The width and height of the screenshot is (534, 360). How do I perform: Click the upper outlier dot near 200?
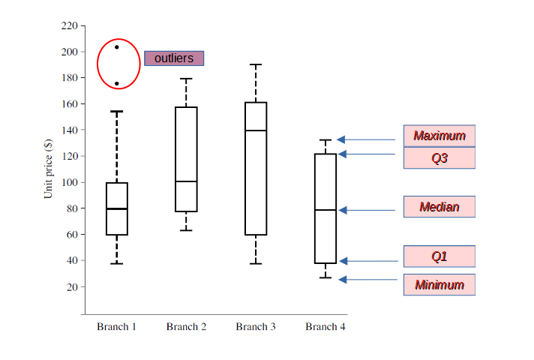point(117,47)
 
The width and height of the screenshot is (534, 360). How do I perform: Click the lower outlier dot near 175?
point(117,84)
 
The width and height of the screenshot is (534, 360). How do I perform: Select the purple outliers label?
point(174,58)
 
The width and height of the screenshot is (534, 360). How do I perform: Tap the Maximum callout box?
point(439,136)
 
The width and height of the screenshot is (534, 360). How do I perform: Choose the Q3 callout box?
point(439,157)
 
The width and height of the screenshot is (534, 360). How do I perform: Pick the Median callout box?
point(439,207)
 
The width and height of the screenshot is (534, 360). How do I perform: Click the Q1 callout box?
point(439,256)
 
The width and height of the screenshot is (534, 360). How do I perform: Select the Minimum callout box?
point(439,284)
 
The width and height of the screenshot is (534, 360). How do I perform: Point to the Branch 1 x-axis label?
point(116,327)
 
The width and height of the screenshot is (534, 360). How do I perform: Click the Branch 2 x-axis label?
point(187,327)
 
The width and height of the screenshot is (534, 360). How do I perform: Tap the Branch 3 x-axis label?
point(256,327)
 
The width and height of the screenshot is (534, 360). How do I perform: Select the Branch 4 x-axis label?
point(325,327)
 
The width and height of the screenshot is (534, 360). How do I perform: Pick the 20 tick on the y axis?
point(71,287)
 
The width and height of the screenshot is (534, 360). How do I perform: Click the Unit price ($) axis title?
point(49,169)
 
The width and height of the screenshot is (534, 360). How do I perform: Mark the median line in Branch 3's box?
point(256,130)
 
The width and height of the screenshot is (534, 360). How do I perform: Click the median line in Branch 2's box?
point(186,181)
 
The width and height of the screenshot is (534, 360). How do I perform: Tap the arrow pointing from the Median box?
point(367,210)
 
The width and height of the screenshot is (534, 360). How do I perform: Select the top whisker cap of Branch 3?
point(256,65)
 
